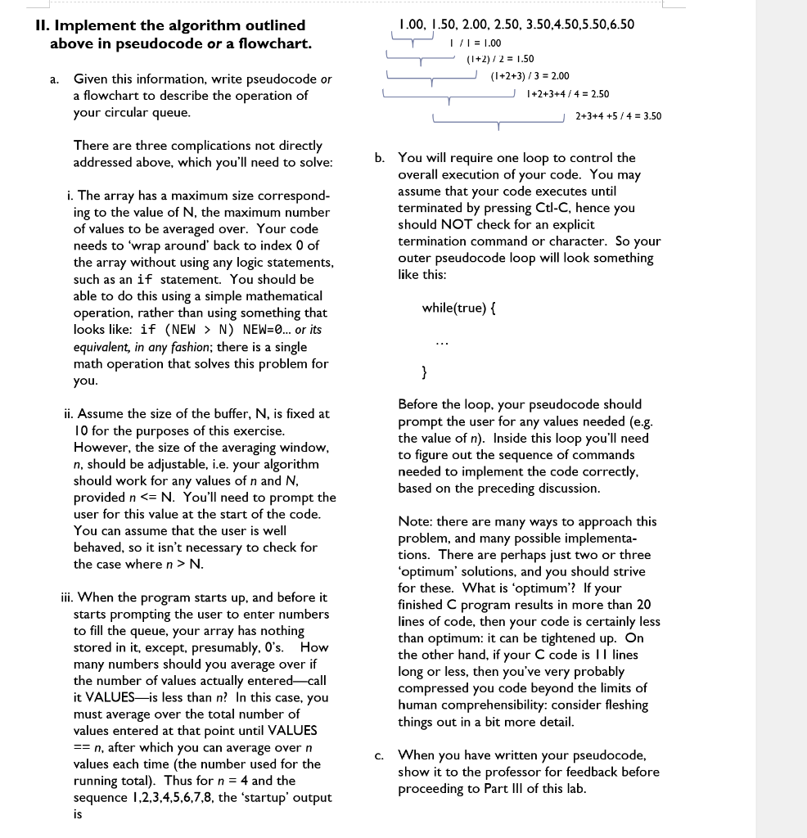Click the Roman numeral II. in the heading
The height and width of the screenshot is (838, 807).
pos(44,25)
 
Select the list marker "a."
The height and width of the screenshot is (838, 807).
pos(53,79)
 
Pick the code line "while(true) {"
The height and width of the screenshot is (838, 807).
pos(459,308)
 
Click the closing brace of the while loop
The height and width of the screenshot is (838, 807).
pos(423,373)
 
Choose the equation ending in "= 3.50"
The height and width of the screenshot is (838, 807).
pos(618,116)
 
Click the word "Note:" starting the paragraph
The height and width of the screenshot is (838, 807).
pos(415,521)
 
